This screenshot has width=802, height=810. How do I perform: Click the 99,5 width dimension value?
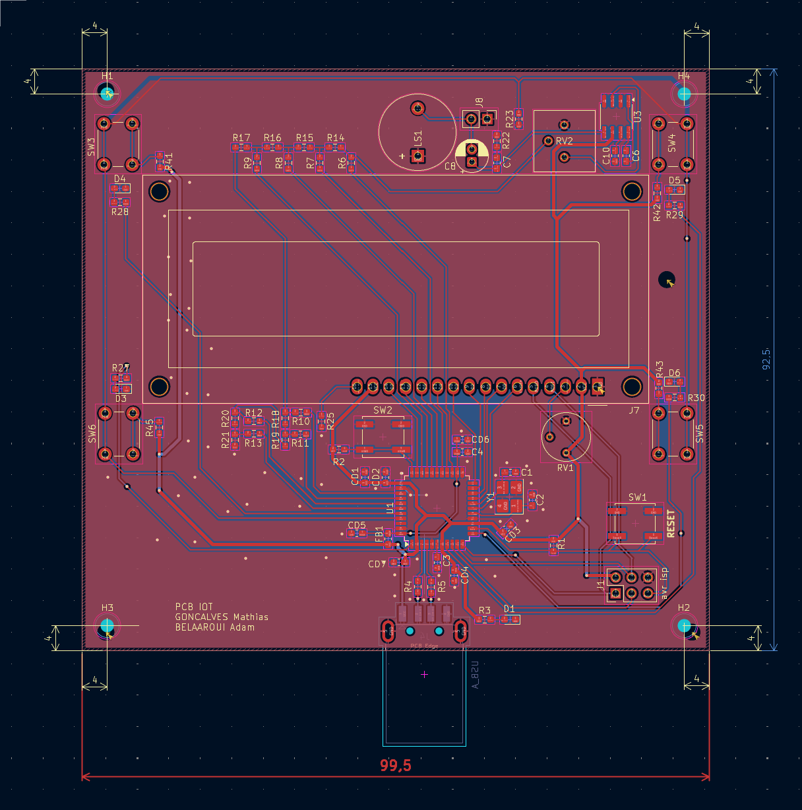[x=396, y=766]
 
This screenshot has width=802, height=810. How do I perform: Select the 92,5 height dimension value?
[x=766, y=359]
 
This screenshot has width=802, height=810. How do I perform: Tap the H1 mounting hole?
[x=108, y=94]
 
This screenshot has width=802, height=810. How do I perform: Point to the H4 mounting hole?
[x=684, y=94]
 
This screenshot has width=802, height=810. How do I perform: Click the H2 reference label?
[x=684, y=607]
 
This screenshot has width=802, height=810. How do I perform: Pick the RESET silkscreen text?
[x=671, y=524]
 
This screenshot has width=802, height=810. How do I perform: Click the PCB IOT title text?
[x=194, y=607]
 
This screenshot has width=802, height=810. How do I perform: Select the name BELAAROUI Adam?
[x=214, y=627]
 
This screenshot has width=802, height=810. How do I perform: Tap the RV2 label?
[x=565, y=141]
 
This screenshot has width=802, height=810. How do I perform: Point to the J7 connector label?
[x=634, y=410]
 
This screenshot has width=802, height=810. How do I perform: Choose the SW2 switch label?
[x=383, y=410]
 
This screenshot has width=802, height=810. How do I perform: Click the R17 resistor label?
[x=241, y=138]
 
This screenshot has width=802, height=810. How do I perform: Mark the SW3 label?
[x=92, y=146]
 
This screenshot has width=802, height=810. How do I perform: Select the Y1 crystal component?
[x=509, y=497]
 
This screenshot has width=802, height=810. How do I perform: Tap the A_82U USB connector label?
[x=475, y=674]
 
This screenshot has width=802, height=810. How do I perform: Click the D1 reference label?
[x=509, y=609]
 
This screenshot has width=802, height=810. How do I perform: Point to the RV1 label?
[x=565, y=468]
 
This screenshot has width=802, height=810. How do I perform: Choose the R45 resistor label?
[x=150, y=427]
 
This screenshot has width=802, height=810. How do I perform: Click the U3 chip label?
[x=638, y=117]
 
